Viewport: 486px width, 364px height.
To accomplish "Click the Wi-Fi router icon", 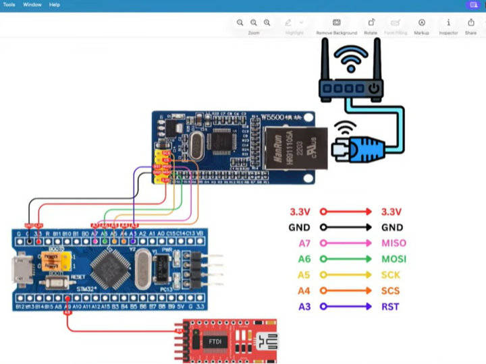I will pyautogui.click(x=350, y=74).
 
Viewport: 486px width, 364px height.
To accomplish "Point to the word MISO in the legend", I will pyautogui.click(x=394, y=243).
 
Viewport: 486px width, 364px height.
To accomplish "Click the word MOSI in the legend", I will pyautogui.click(x=394, y=259).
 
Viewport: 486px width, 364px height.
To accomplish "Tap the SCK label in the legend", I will pyautogui.click(x=390, y=275).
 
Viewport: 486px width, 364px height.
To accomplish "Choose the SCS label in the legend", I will pyautogui.click(x=390, y=291).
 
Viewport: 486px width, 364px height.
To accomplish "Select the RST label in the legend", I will pyautogui.click(x=390, y=307).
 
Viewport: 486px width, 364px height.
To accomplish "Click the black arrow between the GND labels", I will pyautogui.click(x=346, y=228).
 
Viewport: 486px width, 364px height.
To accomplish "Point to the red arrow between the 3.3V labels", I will pyautogui.click(x=346, y=212).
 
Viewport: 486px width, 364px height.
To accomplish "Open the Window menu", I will pyautogui.click(x=32, y=5).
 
